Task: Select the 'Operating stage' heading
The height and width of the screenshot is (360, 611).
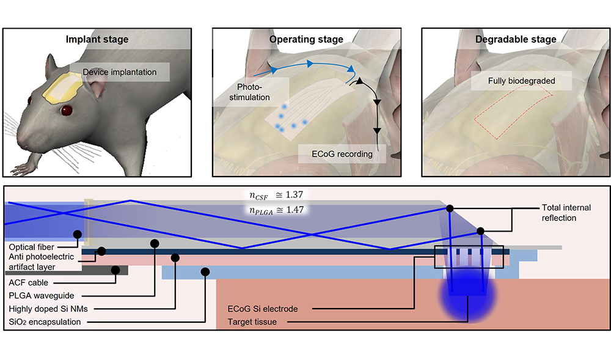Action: pos(306,40)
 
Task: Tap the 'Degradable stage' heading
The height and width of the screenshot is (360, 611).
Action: pos(516,40)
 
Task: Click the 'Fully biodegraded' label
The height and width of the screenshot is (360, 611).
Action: pos(521,81)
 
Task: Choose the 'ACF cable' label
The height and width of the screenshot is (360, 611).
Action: pos(28,283)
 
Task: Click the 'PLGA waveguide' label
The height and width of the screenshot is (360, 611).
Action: pos(39,296)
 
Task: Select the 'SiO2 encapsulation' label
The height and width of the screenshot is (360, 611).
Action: pos(45,321)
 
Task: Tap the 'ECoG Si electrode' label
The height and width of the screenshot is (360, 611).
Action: pos(262,309)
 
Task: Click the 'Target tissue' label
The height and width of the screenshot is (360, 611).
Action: pos(252,321)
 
